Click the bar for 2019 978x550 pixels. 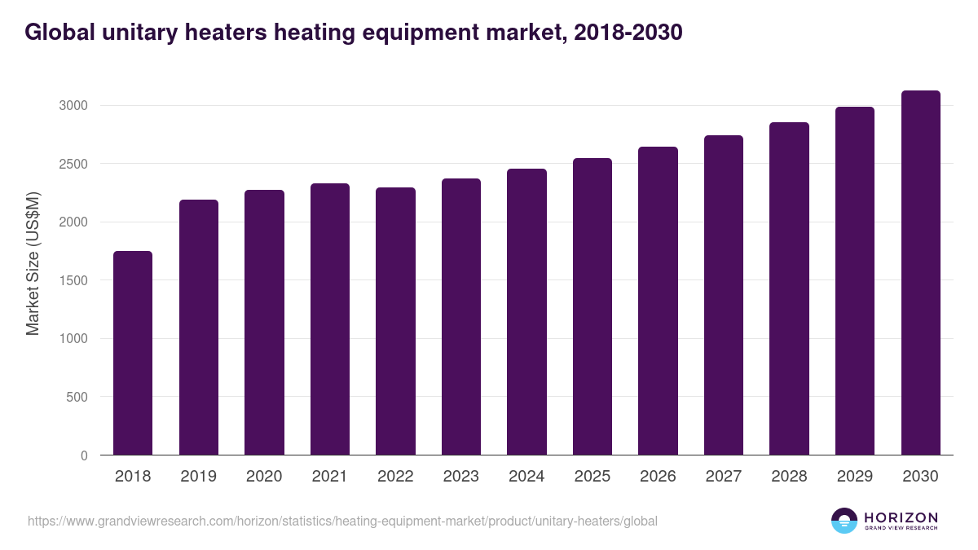pos(199,327)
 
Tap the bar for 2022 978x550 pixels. pos(395,321)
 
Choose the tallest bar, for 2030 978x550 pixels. pos(920,272)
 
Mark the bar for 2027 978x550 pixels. pos(724,295)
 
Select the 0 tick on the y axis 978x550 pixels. pos(84,455)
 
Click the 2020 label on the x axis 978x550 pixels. pos(264,477)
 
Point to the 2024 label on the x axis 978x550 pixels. pos(526,477)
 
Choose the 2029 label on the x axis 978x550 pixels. pos(855,477)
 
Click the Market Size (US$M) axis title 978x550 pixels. pos(33,263)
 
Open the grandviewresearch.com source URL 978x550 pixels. pos(342,521)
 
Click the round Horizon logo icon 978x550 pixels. pos(844,521)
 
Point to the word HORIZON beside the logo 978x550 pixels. pos(901,517)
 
